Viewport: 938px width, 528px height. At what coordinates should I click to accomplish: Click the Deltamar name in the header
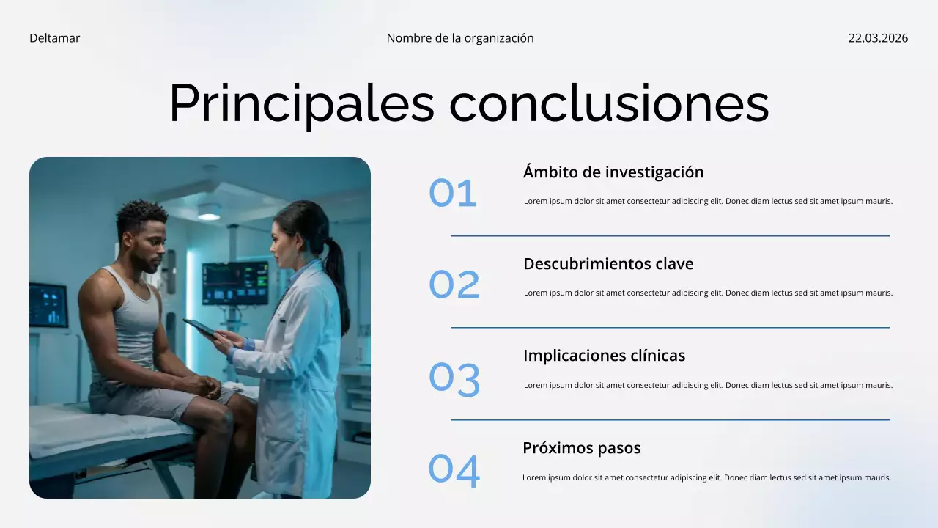coord(54,38)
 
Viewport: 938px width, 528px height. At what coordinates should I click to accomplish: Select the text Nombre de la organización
coord(460,38)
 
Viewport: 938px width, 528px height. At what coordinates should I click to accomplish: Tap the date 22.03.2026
coord(878,38)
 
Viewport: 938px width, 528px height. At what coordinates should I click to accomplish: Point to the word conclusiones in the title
coord(609,103)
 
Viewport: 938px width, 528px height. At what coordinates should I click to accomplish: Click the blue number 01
coord(453,194)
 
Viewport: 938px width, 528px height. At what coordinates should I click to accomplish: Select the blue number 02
coord(454,285)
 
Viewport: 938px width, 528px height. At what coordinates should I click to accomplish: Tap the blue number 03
coord(454,379)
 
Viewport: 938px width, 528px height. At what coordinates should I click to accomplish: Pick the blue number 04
coord(454,471)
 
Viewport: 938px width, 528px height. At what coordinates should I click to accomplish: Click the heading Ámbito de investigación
coord(613,172)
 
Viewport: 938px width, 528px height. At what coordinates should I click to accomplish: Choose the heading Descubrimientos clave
coord(608,264)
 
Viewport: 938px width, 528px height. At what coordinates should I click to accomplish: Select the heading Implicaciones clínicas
coord(604,356)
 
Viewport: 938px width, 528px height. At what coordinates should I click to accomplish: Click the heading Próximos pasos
coord(582,448)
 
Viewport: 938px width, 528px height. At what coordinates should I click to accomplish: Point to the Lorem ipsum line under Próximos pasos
coord(706,478)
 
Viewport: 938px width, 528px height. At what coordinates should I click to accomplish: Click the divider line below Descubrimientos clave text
coord(670,328)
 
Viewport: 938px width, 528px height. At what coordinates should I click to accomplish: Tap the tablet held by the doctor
coord(200,328)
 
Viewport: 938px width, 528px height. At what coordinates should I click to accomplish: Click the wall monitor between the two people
coord(234,283)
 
